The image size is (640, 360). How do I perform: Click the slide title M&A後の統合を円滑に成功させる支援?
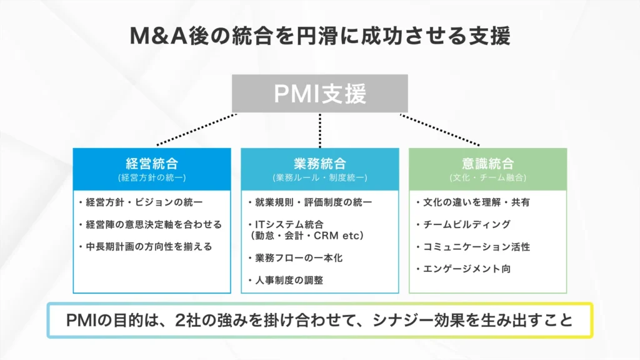tap(319, 36)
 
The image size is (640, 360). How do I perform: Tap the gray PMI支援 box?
tap(320, 94)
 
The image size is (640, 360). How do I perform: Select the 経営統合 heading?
tap(152, 164)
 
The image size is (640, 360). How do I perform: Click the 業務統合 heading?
tap(319, 164)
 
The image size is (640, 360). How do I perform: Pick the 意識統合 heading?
tap(487, 164)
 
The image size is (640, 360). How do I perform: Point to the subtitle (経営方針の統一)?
tap(152, 177)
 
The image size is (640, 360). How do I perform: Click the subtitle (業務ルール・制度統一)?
tap(319, 177)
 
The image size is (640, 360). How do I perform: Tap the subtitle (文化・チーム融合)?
tap(487, 177)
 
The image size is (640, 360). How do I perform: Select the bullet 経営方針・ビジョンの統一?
tap(145, 202)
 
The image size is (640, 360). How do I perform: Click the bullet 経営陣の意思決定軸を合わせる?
tap(150, 224)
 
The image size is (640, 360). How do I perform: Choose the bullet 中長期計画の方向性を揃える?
tap(145, 246)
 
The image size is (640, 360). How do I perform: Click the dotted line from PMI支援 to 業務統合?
tap(320, 130)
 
